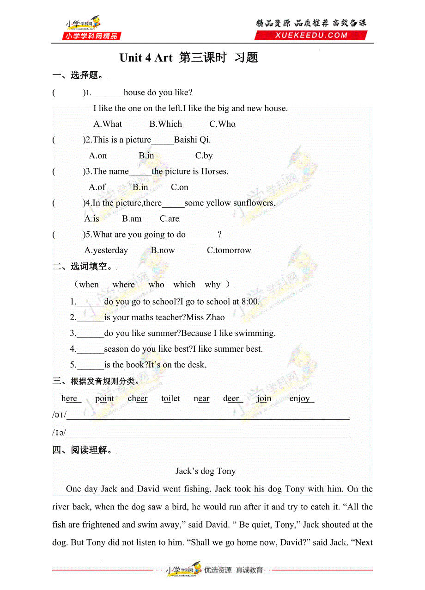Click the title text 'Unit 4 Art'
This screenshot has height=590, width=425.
click(146, 58)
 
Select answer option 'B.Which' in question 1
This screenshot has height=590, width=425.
click(165, 124)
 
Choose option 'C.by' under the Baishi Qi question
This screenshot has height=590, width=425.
click(204, 156)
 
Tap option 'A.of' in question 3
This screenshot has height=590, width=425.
click(97, 187)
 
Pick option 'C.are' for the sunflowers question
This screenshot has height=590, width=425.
click(169, 219)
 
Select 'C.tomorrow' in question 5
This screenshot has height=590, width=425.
click(229, 250)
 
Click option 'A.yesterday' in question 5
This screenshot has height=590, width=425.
click(106, 250)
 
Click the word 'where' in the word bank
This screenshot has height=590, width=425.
click(123, 285)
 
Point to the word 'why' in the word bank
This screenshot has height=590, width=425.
click(212, 285)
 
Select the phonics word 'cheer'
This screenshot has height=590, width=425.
click(137, 398)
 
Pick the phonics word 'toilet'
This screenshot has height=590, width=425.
click(170, 398)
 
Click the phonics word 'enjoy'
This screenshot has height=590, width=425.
click(301, 398)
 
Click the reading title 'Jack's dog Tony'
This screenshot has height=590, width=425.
click(206, 471)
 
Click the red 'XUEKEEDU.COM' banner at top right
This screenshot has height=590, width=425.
click(311, 35)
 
